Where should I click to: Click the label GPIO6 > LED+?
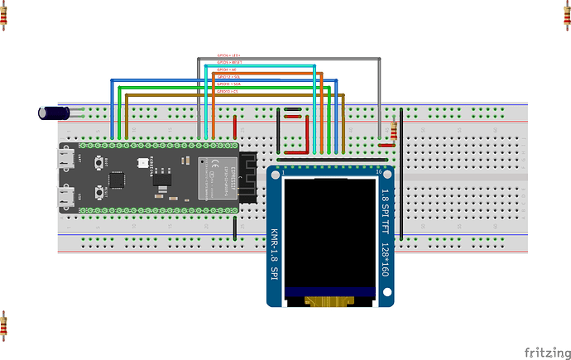[x=228, y=55]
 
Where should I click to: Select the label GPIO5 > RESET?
[x=228, y=61]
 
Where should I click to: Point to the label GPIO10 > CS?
[x=227, y=90]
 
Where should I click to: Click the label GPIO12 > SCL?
[x=228, y=76]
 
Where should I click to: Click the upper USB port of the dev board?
[x=65, y=158]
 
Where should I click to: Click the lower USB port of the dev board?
[x=65, y=198]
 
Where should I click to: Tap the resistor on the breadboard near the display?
[x=393, y=132]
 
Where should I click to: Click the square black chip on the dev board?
[x=118, y=178]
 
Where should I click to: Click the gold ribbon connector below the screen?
[x=329, y=302]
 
